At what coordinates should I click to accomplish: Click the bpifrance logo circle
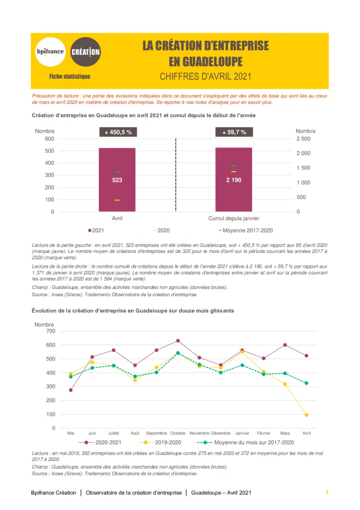pyautogui.click(x=50, y=51)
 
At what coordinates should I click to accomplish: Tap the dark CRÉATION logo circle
pyautogui.click(x=85, y=51)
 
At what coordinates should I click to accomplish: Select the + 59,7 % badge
pyautogui.click(x=234, y=132)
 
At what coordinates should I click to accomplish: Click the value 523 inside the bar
pyautogui.click(x=117, y=180)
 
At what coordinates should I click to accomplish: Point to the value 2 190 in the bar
pyautogui.click(x=234, y=180)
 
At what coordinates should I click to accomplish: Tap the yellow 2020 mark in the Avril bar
pyautogui.click(x=117, y=200)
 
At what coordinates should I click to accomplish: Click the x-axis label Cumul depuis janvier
pyautogui.click(x=234, y=218)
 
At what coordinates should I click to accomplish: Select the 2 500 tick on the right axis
pyautogui.click(x=303, y=139)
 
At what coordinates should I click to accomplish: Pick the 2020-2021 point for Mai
pyautogui.click(x=71, y=390)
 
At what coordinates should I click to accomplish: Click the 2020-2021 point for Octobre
pyautogui.click(x=178, y=341)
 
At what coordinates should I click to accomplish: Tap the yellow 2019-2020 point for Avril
pyautogui.click(x=306, y=415)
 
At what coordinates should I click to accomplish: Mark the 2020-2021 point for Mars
pyautogui.click(x=285, y=345)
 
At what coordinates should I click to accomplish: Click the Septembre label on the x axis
pyautogui.click(x=156, y=433)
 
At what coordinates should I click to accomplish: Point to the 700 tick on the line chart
pyautogui.click(x=50, y=331)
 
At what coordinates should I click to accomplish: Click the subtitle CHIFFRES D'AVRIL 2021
pyautogui.click(x=205, y=76)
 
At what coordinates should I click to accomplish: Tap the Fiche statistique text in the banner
pyautogui.click(x=70, y=76)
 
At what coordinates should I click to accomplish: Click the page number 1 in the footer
pyautogui.click(x=327, y=493)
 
